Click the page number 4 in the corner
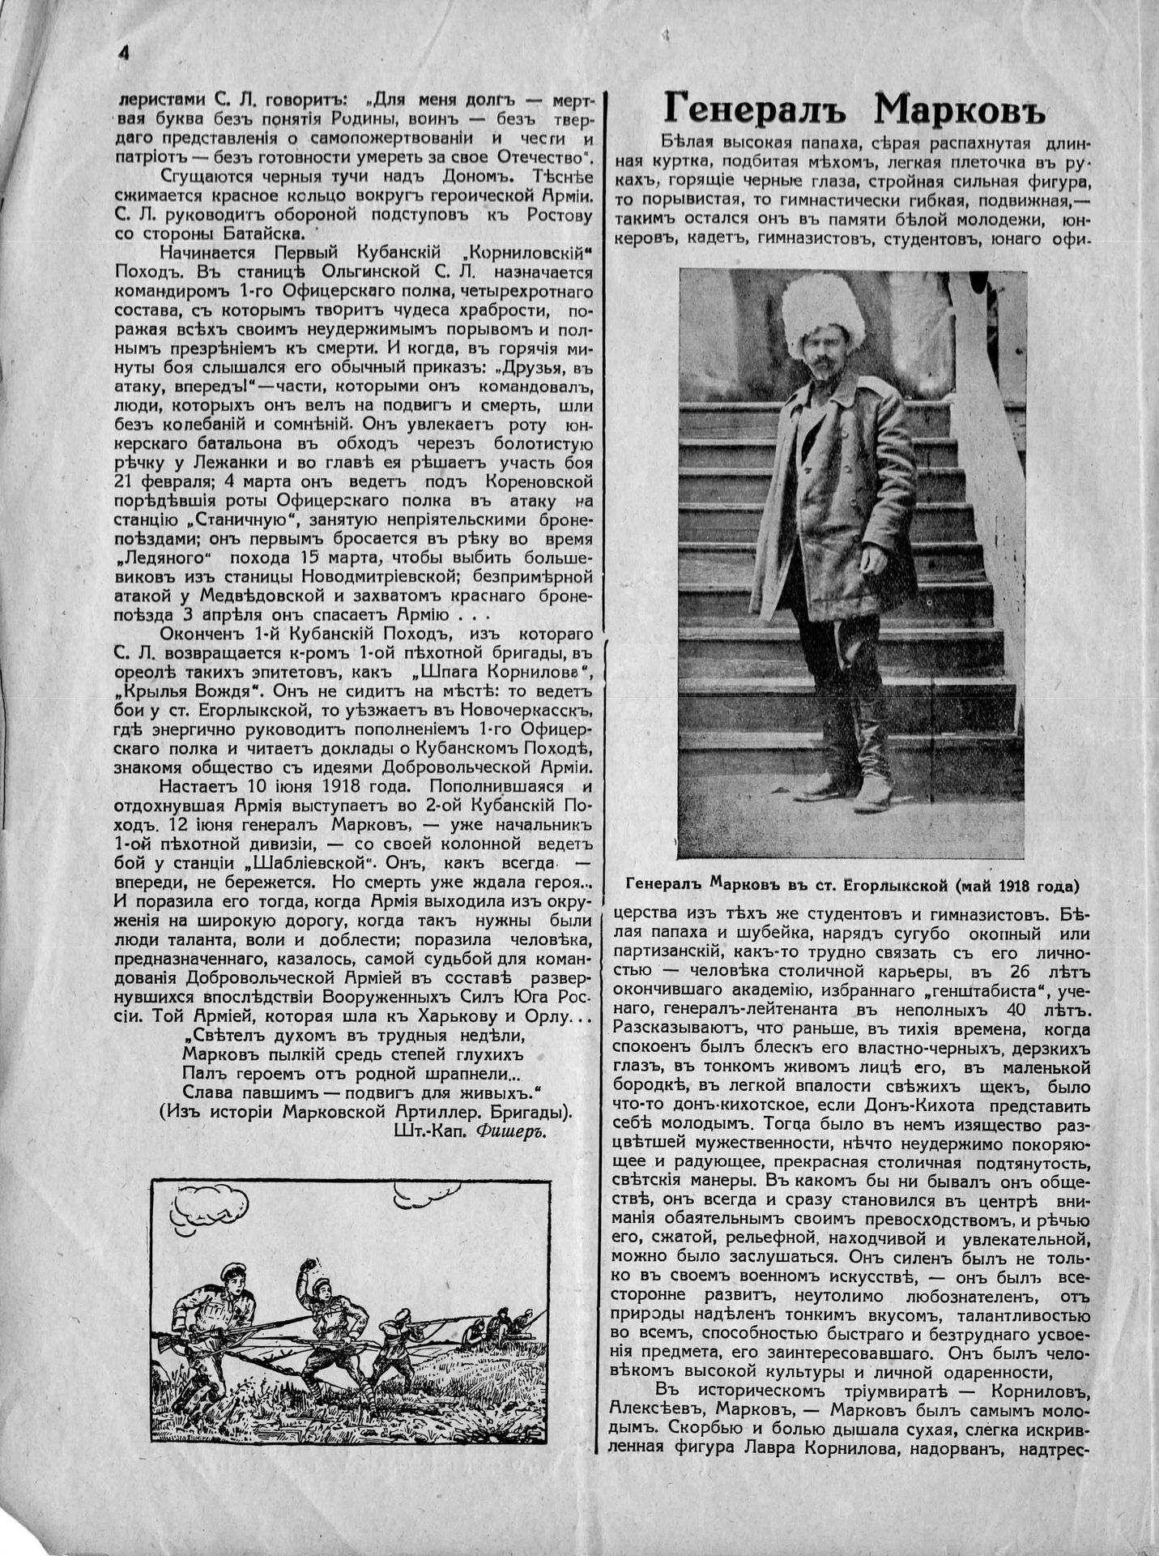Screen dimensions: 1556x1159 124,51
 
